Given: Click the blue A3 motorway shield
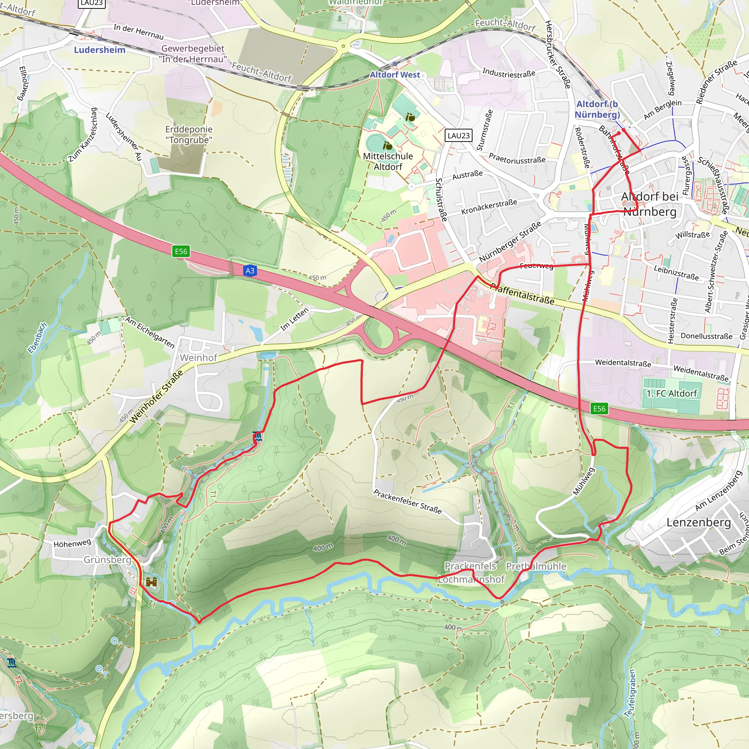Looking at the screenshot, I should coord(250,271).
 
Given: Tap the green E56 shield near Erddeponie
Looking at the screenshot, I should coord(181,251).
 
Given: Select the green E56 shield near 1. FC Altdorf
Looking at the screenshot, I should coord(599,408).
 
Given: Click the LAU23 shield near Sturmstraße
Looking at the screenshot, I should coord(458,135).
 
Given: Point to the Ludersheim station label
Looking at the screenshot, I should coord(99,50).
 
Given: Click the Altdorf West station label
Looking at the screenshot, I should coord(395,75).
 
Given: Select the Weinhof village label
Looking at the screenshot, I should coord(199,357).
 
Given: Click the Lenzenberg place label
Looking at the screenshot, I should coord(699,522).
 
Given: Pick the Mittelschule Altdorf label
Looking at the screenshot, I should coord(388,161).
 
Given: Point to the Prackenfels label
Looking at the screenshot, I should coord(470,566).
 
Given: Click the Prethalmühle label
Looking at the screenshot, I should coord(536,567).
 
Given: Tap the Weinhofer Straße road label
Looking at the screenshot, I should coord(156,396).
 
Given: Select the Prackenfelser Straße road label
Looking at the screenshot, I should coord(407,501).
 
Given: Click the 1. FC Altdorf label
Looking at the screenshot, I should coord(671,394).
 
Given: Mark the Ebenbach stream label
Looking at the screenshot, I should coord(37,338).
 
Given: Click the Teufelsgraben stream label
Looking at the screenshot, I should coord(630,693).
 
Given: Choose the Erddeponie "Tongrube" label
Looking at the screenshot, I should coord(189,134).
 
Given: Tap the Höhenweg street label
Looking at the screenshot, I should coord(72,543).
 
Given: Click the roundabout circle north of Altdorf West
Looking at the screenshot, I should coord(343,46).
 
